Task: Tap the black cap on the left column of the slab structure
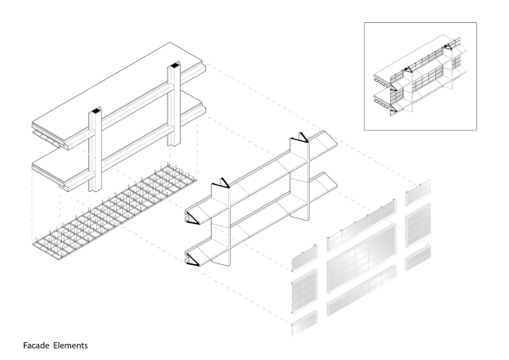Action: coord(94,110)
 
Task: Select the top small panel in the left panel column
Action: coord(305,253)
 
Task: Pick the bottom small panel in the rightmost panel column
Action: coord(419,259)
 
